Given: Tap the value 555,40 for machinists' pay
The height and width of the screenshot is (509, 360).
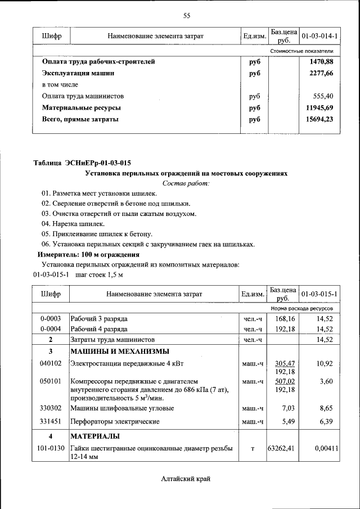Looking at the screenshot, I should tap(323, 96).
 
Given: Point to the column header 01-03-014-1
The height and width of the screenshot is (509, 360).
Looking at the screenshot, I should tap(319, 37).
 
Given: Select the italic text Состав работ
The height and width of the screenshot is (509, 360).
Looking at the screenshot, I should tap(186, 183).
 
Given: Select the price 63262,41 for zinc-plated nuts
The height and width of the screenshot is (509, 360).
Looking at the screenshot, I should tap(282, 448).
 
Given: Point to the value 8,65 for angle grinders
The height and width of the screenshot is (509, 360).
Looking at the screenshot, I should tap(325, 408).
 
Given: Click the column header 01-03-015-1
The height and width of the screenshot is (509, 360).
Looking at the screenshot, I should tap(319, 294).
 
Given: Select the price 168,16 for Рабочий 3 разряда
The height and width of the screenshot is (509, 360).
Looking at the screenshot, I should tap(284, 318).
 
